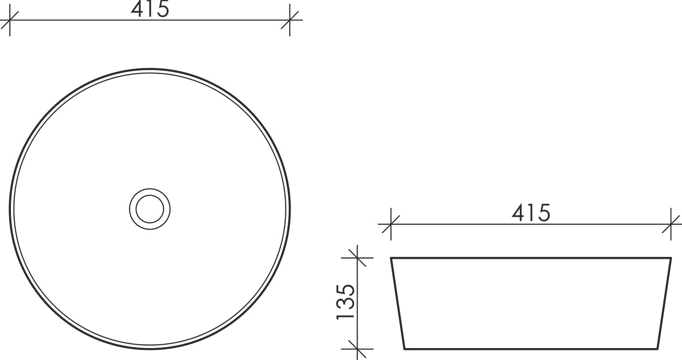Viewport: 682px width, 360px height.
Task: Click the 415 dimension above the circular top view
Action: tap(150, 9)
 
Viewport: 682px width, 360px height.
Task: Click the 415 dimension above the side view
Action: tap(531, 212)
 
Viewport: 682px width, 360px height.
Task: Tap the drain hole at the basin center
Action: tap(150, 209)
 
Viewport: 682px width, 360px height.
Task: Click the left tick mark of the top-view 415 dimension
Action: tap(10, 20)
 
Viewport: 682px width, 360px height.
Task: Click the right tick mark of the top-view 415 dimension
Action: tap(290, 20)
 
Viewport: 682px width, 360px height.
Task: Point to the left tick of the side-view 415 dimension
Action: tap(391, 224)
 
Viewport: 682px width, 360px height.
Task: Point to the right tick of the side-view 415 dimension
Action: tap(671, 224)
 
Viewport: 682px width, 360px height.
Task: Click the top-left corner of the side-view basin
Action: tap(391, 258)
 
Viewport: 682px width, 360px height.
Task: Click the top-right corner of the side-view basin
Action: tap(671, 258)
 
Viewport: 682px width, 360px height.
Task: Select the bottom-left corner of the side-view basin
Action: tap(405, 349)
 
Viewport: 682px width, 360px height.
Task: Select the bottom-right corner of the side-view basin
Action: tap(658, 349)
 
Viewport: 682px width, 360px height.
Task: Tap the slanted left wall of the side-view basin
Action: tap(398, 303)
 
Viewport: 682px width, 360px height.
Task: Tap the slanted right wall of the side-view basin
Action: tap(664, 303)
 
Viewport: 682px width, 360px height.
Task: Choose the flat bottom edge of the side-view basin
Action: tap(531, 349)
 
